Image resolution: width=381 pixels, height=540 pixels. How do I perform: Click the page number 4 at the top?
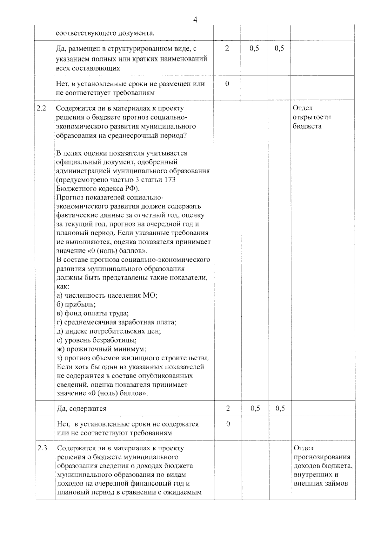click(x=195, y=20)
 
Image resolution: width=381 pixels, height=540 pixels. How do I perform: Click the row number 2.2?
click(x=41, y=108)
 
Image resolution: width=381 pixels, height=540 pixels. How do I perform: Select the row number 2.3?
click(x=42, y=448)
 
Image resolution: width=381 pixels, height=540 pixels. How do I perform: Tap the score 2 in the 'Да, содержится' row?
click(x=228, y=408)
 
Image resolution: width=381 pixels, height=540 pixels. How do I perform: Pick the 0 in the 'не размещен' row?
click(x=227, y=84)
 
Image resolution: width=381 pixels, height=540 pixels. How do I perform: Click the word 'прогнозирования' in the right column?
click(x=322, y=457)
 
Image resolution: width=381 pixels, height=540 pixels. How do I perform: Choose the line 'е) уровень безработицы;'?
click(x=97, y=340)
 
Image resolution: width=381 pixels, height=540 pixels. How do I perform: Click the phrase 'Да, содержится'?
click(x=81, y=409)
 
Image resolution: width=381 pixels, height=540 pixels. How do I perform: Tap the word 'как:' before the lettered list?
click(x=63, y=286)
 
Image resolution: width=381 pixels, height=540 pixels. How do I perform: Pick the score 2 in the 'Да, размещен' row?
click(x=227, y=49)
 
